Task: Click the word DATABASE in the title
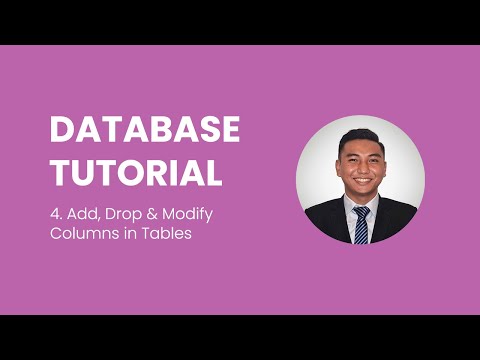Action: click(145, 131)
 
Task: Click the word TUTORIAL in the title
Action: click(136, 172)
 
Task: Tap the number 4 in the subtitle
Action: click(55, 215)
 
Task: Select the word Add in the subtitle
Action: click(83, 215)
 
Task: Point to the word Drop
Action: click(124, 215)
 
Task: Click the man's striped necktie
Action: click(360, 222)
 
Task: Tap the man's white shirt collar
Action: click(350, 205)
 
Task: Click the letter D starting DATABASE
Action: click(62, 131)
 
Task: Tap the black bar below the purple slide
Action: click(240, 337)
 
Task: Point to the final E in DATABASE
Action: click(230, 131)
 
